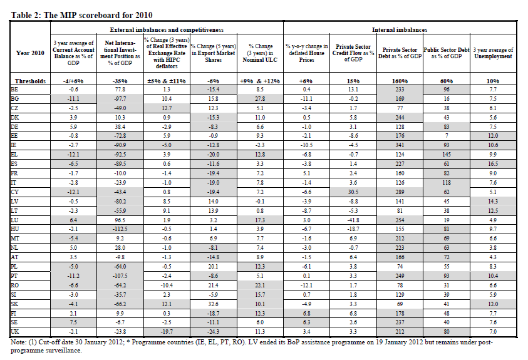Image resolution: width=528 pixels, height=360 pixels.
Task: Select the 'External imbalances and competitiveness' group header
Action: (167, 30)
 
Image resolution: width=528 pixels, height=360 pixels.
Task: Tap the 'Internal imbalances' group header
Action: (400, 30)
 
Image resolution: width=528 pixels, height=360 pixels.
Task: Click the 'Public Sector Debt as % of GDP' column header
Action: (447, 53)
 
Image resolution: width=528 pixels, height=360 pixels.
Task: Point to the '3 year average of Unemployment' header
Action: (493, 53)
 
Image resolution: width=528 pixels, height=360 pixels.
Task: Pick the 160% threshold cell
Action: (400, 81)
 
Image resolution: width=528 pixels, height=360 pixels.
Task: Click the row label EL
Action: (14, 155)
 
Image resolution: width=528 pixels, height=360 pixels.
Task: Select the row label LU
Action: (14, 220)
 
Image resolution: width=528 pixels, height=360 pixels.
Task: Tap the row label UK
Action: (15, 331)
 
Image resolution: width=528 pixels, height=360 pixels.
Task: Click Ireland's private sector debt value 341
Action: (400, 145)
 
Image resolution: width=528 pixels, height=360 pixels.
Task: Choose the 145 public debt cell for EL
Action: (447, 155)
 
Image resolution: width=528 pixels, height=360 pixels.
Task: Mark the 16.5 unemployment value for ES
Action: (493, 164)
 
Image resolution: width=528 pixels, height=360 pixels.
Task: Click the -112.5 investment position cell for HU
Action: (120, 229)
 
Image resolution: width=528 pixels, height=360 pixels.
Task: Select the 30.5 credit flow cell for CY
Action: (353, 192)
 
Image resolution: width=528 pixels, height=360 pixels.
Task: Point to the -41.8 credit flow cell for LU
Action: (353, 220)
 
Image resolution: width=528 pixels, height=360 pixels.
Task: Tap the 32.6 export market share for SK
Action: (214, 304)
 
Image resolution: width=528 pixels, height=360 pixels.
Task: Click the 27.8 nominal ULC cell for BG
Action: (260, 98)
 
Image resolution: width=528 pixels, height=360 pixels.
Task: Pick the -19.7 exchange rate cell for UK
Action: (167, 331)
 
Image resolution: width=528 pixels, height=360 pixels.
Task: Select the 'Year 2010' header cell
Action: (30, 53)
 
